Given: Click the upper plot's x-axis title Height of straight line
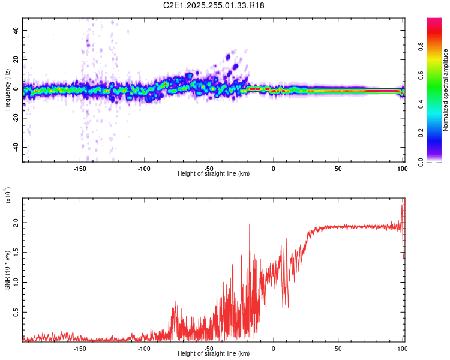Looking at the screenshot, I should [x=214, y=174].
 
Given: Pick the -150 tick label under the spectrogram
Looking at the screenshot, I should [x=80, y=169].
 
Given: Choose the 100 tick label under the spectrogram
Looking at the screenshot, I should [x=402, y=169].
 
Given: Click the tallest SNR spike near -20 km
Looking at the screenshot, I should [x=249, y=224].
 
